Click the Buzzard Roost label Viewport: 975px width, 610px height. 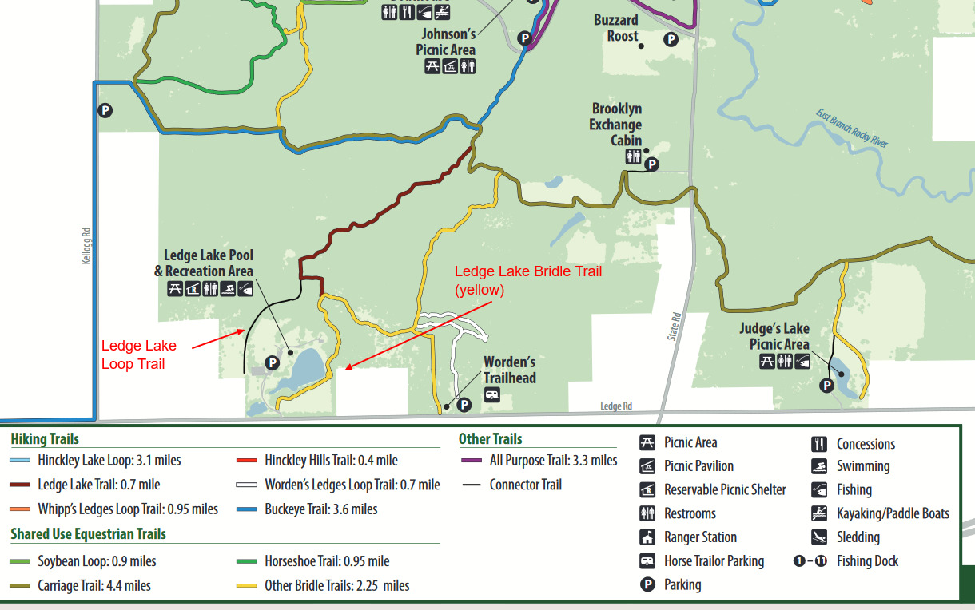coord(615,28)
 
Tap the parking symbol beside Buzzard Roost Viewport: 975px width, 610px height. coord(671,38)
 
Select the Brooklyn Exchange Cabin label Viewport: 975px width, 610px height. coord(616,125)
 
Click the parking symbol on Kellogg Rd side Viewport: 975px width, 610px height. coord(105,110)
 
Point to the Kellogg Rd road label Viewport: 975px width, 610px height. coord(87,246)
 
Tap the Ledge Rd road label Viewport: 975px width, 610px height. coord(616,406)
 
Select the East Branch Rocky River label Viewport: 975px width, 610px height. coord(852,129)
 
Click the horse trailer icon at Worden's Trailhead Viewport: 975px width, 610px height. coord(492,394)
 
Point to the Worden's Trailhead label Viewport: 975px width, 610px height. coord(509,370)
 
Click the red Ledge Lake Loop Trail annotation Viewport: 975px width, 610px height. coord(138,355)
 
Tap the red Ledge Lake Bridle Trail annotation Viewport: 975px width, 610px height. coord(527,280)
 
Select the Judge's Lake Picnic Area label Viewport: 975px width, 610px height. coord(774,336)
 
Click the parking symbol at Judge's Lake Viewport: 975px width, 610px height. coord(827,386)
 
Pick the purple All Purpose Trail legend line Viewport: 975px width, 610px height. coord(471,461)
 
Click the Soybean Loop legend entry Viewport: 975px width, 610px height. coord(97,561)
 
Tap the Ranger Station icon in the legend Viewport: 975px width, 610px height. coord(647,537)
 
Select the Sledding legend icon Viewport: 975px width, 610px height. coord(818,537)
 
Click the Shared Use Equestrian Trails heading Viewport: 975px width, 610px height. coord(88,534)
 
